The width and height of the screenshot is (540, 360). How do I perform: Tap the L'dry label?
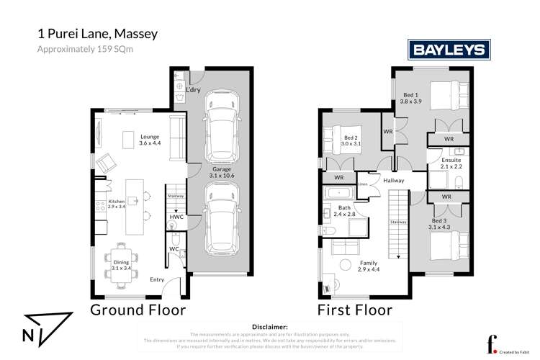[x=193, y=90]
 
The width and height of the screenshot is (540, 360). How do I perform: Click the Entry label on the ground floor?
[x=157, y=279]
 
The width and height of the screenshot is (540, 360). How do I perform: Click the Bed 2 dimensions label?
[x=352, y=144]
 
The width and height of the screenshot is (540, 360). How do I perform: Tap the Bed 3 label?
[x=438, y=224]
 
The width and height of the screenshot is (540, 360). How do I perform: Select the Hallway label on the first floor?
[x=394, y=181]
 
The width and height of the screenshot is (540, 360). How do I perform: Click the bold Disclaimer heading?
[x=269, y=327]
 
